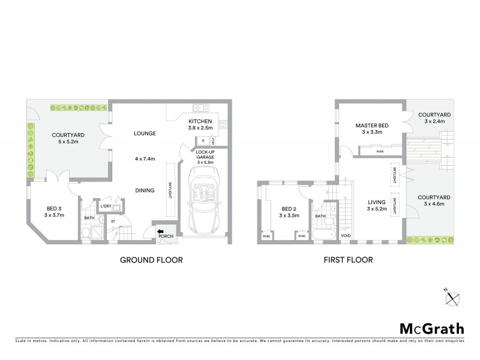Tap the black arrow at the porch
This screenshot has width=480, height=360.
click(x=161, y=229)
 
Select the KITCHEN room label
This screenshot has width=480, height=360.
click(x=200, y=121)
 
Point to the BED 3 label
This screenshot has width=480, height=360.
click(x=55, y=208)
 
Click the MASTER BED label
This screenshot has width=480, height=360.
click(x=372, y=125)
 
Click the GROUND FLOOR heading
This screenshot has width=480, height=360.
click(x=151, y=260)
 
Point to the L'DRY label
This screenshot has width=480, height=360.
click(x=106, y=206)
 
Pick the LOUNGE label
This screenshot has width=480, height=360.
click(x=145, y=133)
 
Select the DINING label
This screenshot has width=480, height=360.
click(x=145, y=191)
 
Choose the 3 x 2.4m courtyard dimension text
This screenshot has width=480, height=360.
click(x=434, y=121)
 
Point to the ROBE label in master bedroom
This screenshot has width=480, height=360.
click(x=380, y=152)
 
